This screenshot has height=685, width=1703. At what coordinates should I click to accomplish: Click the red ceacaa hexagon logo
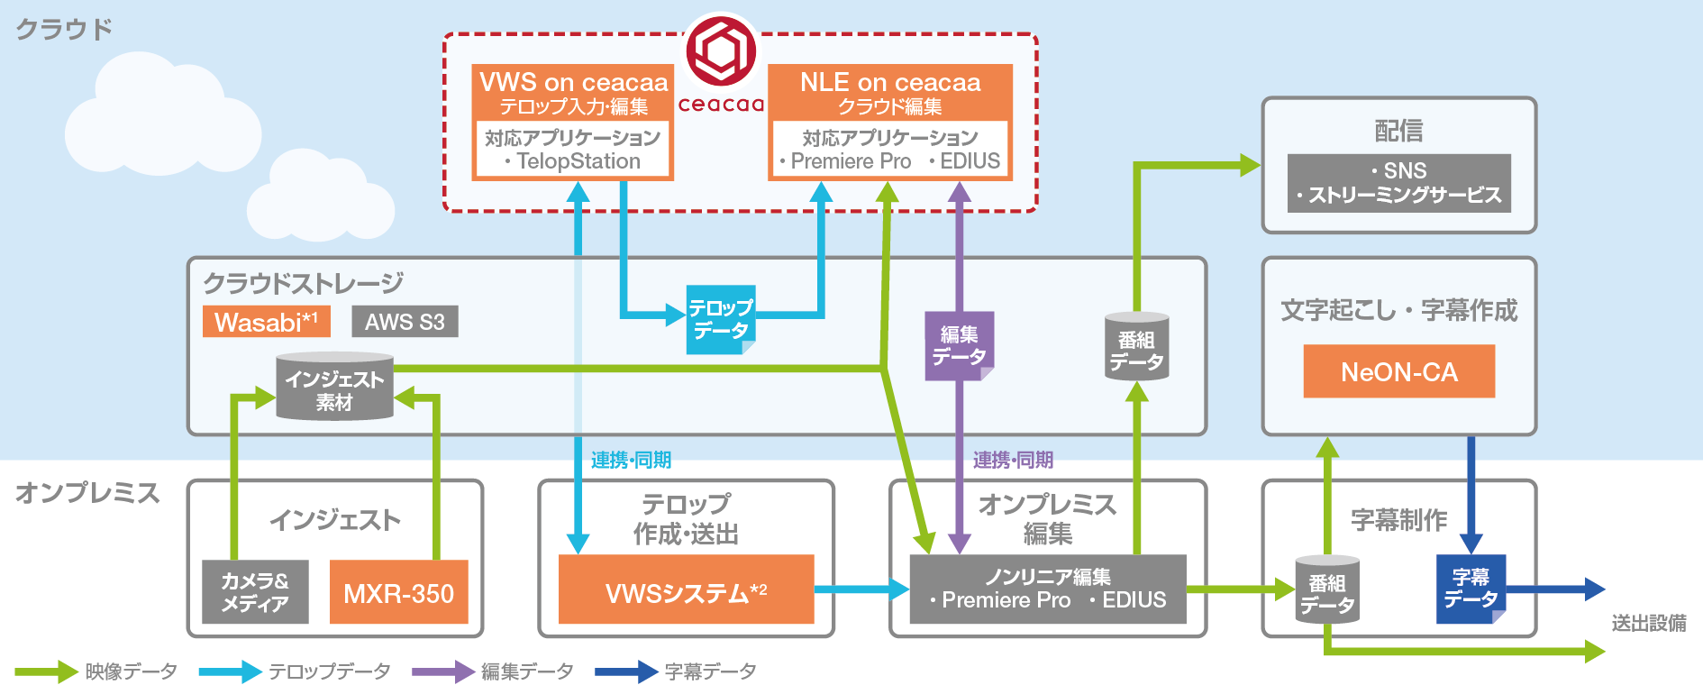(721, 51)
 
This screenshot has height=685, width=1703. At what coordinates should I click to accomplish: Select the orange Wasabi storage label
(266, 322)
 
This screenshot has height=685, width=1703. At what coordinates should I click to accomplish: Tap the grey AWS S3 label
(405, 322)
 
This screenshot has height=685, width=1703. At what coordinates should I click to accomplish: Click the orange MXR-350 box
(398, 592)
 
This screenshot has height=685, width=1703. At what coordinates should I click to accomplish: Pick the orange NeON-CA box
(1398, 371)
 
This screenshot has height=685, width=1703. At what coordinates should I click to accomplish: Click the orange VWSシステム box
(686, 590)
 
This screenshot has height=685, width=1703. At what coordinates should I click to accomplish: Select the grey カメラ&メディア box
(255, 592)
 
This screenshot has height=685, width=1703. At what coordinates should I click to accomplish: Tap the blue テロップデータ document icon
(721, 320)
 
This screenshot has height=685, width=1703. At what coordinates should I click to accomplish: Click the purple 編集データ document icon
(959, 346)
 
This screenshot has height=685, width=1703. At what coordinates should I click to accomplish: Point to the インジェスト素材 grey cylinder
(334, 388)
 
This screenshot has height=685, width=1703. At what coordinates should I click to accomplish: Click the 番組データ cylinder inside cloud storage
(1136, 348)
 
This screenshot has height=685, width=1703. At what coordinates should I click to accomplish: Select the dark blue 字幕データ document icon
(1471, 589)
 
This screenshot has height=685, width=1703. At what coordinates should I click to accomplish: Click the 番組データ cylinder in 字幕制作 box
(1327, 590)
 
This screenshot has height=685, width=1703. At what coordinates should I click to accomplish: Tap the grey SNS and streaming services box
(1398, 183)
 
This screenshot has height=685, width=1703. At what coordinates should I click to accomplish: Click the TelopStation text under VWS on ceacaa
(578, 161)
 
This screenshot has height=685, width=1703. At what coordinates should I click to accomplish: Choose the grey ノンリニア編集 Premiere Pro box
(1047, 589)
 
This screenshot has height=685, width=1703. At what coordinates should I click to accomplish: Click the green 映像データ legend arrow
(45, 671)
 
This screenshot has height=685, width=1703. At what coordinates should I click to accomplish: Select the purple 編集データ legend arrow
(442, 671)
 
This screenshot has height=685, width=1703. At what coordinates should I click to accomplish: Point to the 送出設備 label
(1648, 623)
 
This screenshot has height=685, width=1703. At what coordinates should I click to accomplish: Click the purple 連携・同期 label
(1013, 461)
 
